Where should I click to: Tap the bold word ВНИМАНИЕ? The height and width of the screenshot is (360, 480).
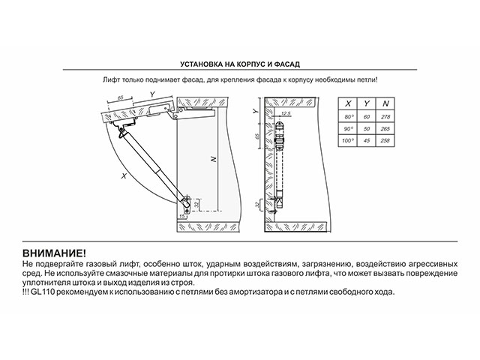[x=55, y=255]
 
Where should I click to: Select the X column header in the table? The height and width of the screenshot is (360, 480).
[x=348, y=103]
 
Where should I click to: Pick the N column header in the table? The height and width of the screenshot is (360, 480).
[x=385, y=103]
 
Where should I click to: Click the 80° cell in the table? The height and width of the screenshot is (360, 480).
[x=348, y=118]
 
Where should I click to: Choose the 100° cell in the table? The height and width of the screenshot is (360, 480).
[x=348, y=140]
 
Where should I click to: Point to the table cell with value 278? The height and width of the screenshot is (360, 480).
[x=385, y=118]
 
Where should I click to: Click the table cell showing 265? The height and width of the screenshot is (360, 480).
[x=385, y=129]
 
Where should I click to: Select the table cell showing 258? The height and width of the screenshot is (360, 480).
[x=385, y=140]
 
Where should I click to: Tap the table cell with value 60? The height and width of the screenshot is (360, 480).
[x=367, y=118]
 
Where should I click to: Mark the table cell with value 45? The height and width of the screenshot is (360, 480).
[x=367, y=140]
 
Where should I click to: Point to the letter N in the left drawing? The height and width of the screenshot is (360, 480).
[x=214, y=159]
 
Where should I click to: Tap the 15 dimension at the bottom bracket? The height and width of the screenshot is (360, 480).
[x=182, y=216]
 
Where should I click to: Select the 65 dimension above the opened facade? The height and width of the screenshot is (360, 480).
[x=121, y=98]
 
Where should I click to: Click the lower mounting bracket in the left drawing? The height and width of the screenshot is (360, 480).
[x=185, y=201]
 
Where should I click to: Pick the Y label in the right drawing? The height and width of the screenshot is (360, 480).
[x=256, y=110]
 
